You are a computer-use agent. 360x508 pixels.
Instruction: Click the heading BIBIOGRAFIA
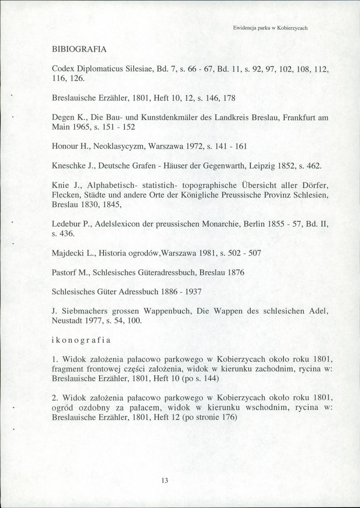pyautogui.click(x=79, y=49)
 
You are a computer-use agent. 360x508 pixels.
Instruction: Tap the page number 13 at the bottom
pyautogui.click(x=165, y=480)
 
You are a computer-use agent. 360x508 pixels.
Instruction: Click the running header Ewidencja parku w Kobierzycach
pyautogui.click(x=270, y=28)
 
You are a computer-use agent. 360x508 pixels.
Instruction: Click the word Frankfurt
pyautogui.click(x=288, y=116)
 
